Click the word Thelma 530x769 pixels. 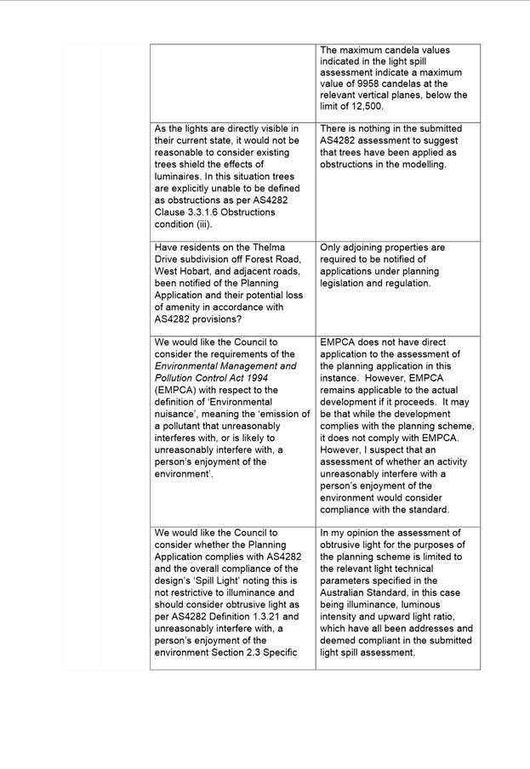coord(262,248)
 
